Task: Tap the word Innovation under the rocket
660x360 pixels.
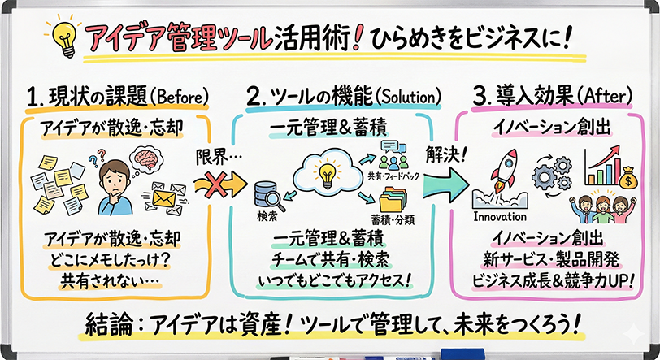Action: [499, 217]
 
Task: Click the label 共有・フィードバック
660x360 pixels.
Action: [393, 174]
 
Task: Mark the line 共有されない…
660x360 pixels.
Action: [110, 281]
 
